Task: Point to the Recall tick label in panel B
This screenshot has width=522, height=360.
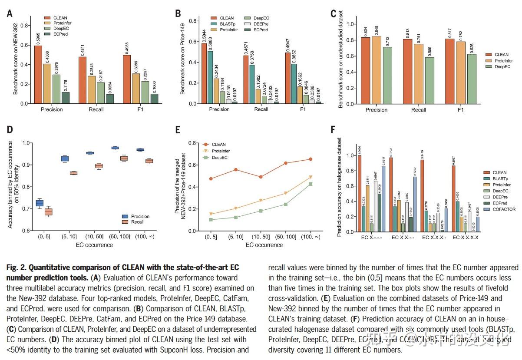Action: click(x=261, y=109)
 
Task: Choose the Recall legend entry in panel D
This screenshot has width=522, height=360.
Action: click(x=137, y=222)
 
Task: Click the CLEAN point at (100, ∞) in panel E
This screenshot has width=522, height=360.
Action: click(x=311, y=159)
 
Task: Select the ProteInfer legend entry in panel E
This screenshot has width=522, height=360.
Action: click(x=221, y=151)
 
